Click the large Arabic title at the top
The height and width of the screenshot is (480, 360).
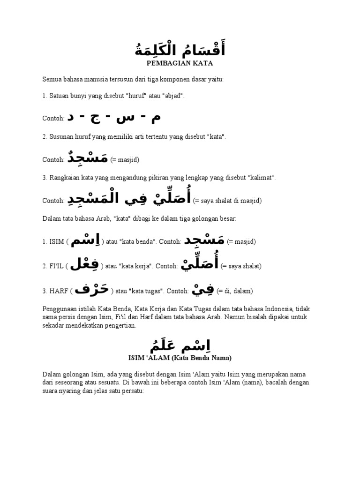(x=180, y=48)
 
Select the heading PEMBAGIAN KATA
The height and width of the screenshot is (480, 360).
(x=180, y=63)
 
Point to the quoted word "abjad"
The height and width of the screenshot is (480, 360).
(x=173, y=96)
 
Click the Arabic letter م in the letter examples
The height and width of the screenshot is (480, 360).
(x=155, y=118)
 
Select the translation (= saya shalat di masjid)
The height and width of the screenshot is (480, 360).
(x=227, y=201)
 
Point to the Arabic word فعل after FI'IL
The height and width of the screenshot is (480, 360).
(x=86, y=265)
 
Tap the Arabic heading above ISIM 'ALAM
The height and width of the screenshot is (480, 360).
(x=180, y=346)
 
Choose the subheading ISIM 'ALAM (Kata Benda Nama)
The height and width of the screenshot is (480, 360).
(x=180, y=358)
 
